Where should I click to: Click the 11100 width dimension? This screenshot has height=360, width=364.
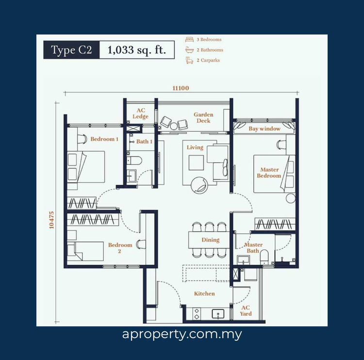click(180, 88)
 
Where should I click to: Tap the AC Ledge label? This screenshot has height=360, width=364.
click(141, 114)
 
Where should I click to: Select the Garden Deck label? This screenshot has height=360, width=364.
click(203, 118)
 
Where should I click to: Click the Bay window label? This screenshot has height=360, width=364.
click(264, 129)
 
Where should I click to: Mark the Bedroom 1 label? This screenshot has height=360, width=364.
click(104, 139)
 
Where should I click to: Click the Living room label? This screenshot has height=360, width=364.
click(195, 147)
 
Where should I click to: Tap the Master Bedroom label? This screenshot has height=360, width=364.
click(269, 172)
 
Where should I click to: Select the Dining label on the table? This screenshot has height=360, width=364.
click(210, 240)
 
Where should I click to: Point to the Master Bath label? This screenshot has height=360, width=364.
click(253, 248)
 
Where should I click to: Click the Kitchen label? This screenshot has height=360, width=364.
click(204, 293)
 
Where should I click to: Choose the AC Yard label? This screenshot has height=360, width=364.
click(246, 310)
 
